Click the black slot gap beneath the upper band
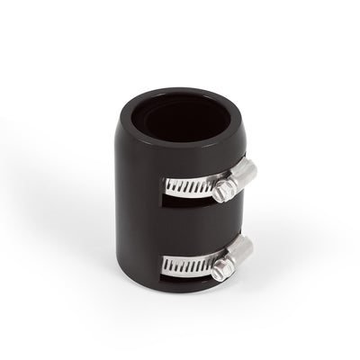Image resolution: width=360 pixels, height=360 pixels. (184, 200)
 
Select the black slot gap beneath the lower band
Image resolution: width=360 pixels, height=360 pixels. (184, 276)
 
